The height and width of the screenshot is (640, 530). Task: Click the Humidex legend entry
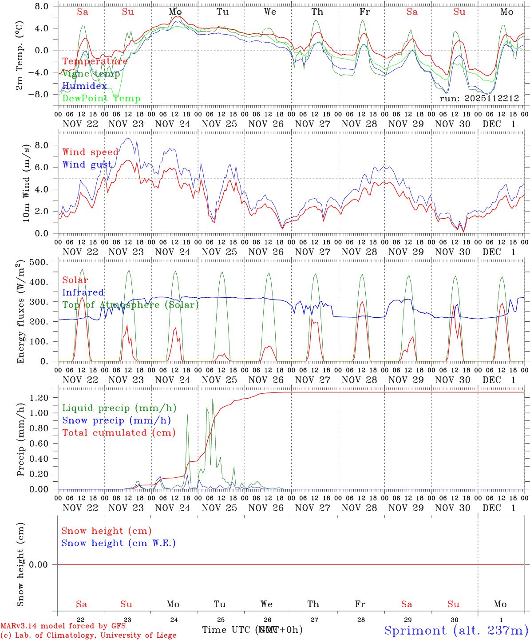coord(84,86)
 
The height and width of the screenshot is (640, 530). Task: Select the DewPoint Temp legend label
coord(101,99)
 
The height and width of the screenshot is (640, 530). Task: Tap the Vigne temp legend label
coord(91,74)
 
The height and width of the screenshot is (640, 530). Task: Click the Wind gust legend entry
coord(87,164)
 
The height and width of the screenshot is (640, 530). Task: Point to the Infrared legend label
coord(83,292)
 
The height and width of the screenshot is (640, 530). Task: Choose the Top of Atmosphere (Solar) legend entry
coord(131,305)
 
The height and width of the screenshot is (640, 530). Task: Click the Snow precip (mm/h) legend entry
coord(116,420)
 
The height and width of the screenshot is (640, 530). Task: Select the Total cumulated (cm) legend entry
coord(119,433)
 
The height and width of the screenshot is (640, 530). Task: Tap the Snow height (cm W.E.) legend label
coord(119,543)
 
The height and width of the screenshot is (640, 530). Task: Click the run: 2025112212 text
coord(479,98)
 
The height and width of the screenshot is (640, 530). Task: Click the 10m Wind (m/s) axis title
coord(26,183)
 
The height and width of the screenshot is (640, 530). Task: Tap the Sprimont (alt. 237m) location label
coord(456,630)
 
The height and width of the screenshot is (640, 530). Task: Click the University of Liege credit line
coord(88,636)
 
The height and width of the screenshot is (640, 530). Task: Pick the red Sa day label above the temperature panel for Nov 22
coord(83,12)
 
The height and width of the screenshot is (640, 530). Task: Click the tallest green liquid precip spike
coord(213,399)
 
